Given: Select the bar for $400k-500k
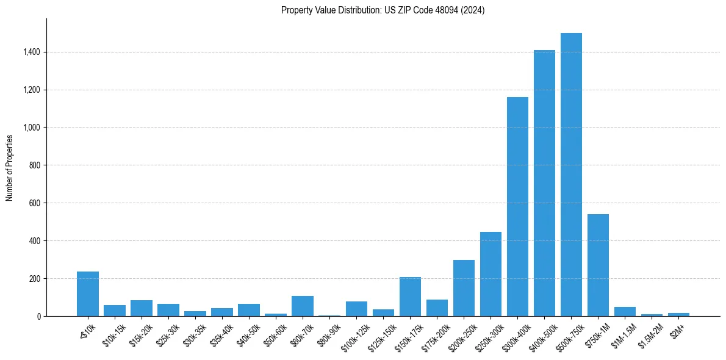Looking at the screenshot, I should (x=544, y=183).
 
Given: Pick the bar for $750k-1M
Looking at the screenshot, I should (x=598, y=265).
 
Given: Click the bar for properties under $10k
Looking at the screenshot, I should (x=88, y=293).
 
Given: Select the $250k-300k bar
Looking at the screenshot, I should (x=491, y=274).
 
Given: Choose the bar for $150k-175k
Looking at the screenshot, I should (x=410, y=297).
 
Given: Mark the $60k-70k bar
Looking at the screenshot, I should (x=303, y=306).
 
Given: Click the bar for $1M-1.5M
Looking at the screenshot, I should (x=625, y=311).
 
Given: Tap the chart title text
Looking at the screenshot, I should (x=383, y=10).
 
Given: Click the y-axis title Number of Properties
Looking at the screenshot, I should (x=10, y=167).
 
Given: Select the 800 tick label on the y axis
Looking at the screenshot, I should (x=35, y=165).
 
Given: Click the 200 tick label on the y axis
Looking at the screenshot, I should (x=35, y=279).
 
